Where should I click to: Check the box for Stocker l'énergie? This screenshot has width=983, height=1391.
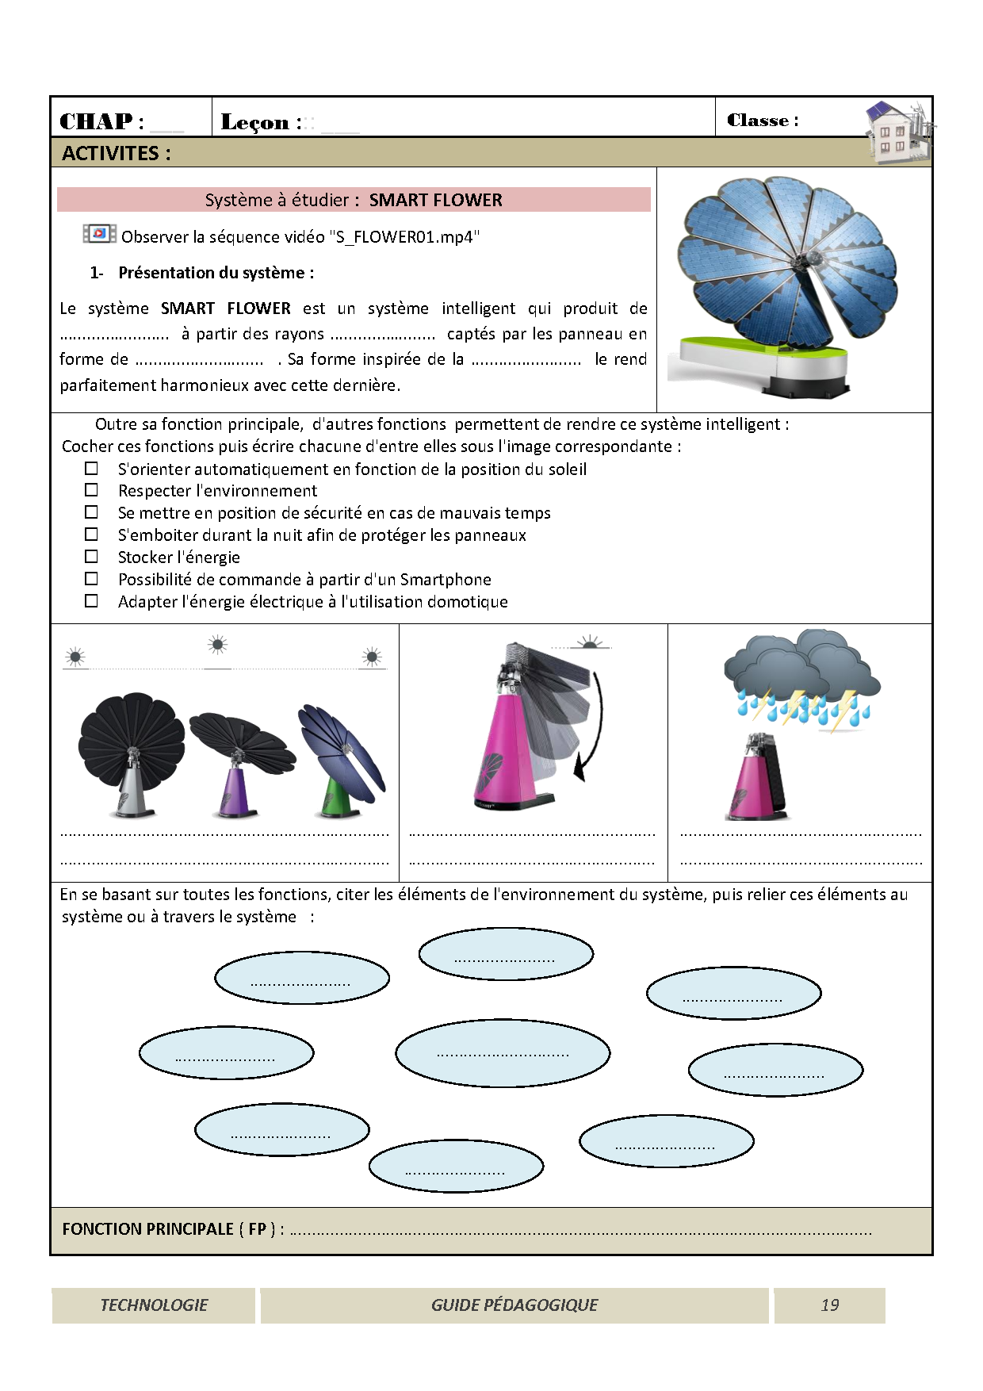[92, 557]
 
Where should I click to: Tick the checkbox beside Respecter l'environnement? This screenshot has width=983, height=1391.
[92, 490]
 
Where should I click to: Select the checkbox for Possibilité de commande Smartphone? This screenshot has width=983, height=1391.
[92, 579]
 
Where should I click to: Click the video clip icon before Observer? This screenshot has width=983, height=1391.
[99, 234]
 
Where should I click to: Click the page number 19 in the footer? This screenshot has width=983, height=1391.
[829, 1305]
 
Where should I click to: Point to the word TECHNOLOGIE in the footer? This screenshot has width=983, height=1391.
[154, 1305]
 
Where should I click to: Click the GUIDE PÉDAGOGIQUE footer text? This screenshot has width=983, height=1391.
[514, 1305]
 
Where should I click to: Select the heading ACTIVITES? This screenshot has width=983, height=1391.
[117, 153]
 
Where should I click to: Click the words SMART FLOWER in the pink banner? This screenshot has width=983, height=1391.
[435, 200]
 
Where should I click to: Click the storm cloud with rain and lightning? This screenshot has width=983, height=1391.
[801, 678]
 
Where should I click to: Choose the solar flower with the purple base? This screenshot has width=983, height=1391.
[239, 761]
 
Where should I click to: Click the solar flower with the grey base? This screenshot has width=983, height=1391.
[131, 753]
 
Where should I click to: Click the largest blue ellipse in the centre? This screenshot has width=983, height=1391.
[503, 1053]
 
